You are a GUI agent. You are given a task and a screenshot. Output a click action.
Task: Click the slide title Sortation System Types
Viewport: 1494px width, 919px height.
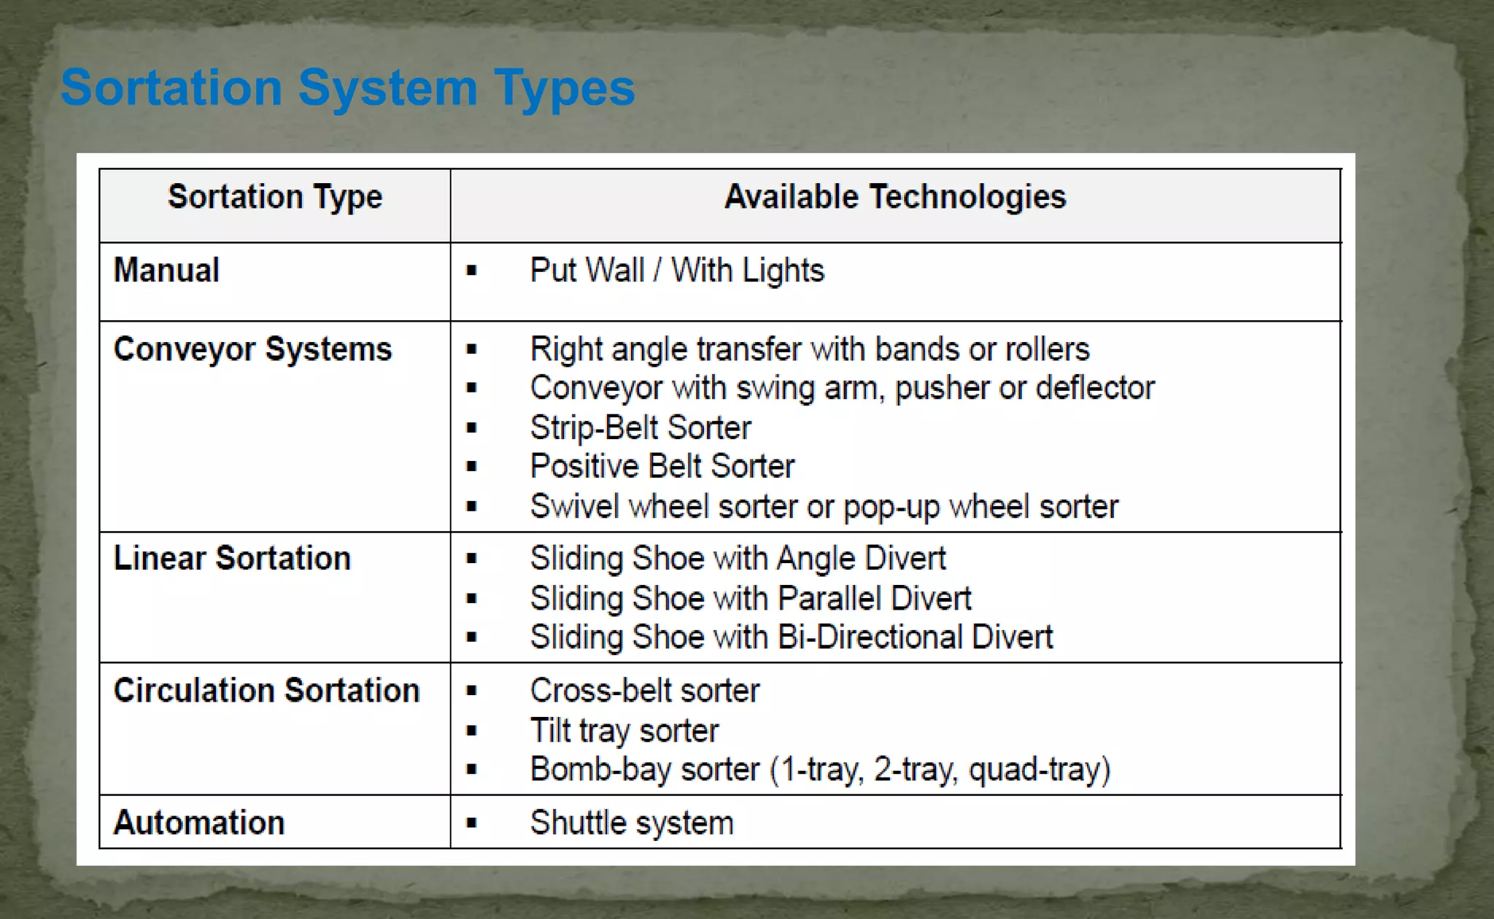347,88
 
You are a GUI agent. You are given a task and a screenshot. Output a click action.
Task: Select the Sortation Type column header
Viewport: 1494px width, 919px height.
275,197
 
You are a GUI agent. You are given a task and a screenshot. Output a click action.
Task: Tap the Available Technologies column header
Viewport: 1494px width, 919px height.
895,197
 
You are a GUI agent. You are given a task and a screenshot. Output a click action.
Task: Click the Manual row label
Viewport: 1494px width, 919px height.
166,271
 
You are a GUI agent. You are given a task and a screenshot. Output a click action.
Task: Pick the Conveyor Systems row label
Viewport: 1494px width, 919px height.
252,349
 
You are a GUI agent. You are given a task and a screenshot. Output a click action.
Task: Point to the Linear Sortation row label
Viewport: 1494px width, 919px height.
232,559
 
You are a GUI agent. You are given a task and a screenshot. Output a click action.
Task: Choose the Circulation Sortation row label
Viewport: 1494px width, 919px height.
266,691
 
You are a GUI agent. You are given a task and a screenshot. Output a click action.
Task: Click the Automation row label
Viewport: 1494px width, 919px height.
198,823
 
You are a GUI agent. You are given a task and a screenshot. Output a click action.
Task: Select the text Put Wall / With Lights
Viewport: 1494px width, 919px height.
677,271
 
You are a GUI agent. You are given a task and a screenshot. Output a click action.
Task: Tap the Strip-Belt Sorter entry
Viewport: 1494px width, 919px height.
640,428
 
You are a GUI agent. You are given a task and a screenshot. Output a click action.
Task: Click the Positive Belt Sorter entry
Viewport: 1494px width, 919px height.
662,467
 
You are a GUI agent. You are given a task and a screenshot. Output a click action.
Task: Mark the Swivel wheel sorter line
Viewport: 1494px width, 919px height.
824,507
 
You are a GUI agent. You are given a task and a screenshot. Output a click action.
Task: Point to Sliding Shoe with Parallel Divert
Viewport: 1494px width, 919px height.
751,599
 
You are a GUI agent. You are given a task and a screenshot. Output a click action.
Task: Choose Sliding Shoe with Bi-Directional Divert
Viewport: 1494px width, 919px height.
791,637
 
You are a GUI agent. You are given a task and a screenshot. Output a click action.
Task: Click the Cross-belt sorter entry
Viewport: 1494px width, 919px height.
645,691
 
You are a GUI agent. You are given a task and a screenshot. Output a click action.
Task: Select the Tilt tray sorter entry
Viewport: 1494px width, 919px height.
624,731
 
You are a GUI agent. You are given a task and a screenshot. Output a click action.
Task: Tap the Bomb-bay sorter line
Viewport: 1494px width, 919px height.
820,769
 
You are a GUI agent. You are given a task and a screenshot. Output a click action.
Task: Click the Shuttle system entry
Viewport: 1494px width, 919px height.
632,823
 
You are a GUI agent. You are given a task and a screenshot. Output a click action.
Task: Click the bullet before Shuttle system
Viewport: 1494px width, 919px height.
471,823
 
